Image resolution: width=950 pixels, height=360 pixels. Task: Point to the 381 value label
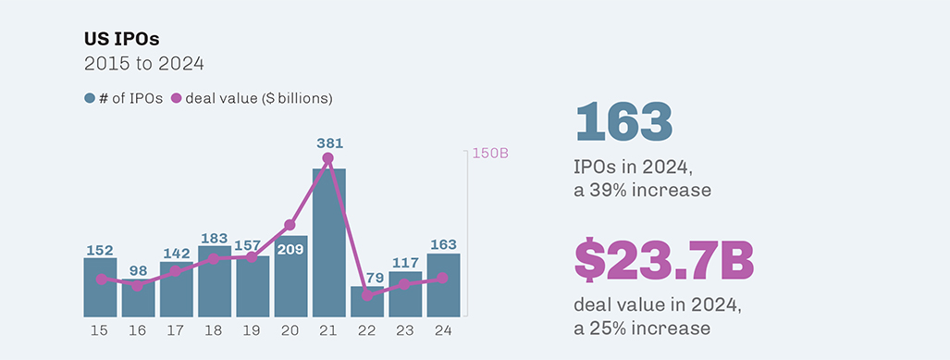pos(328,143)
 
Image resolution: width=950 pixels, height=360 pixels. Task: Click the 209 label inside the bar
pos(290,248)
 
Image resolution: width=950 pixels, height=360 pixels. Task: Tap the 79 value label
pos(367,277)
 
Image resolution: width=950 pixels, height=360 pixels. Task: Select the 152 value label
pos(100,250)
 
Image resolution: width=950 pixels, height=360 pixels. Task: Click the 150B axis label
pos(490,154)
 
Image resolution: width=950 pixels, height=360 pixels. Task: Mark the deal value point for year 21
pos(328,159)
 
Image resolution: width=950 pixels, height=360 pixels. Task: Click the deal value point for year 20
pos(290,225)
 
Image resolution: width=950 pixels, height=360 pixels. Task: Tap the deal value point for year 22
pos(367,295)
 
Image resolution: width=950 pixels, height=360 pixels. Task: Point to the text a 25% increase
pos(642,328)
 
